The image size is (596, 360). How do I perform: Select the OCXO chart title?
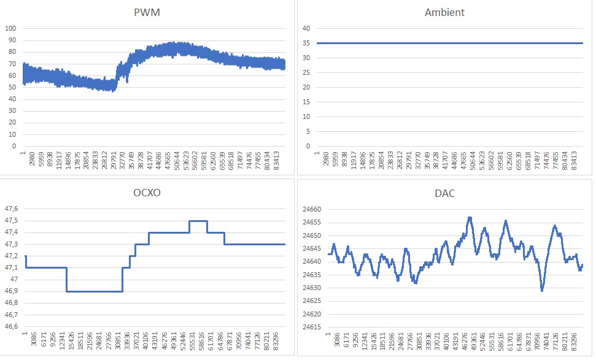148,194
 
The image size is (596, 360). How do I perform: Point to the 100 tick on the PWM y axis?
10,29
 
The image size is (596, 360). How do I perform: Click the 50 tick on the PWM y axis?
12,88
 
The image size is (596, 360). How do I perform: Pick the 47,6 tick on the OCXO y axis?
11,209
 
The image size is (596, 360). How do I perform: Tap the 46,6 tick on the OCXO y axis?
11,327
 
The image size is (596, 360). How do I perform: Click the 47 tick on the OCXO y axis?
14,280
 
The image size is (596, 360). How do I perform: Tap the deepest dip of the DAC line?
542,290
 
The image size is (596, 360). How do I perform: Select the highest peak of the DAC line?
470,218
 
